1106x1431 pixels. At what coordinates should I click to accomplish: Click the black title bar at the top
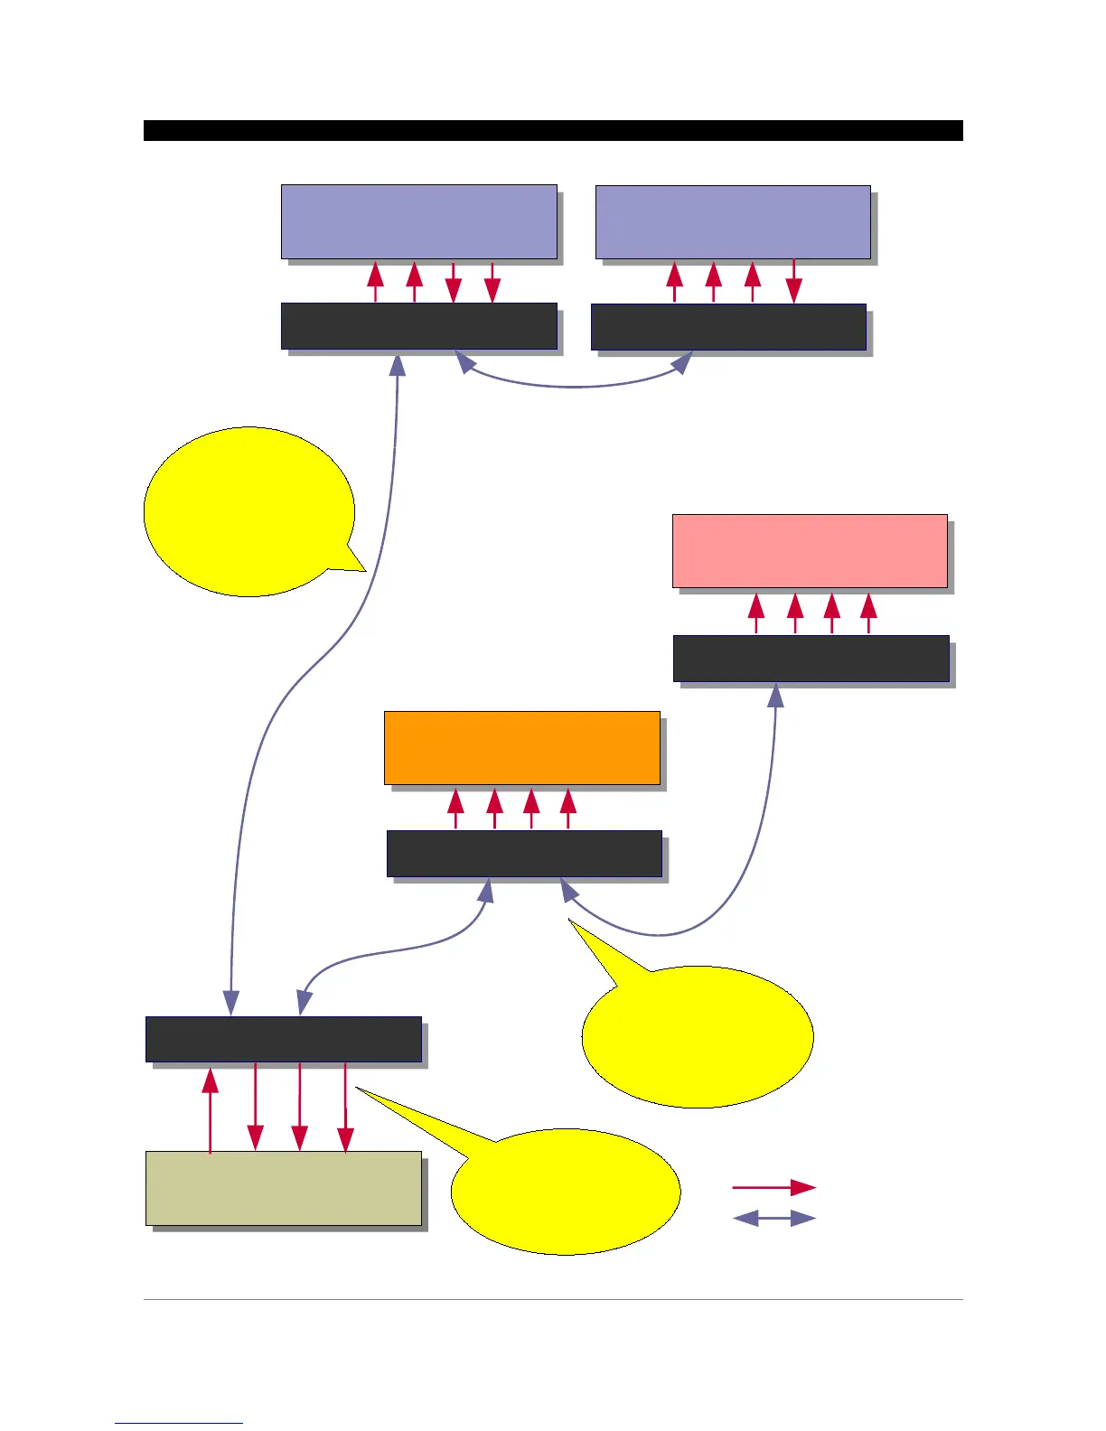pos(553,130)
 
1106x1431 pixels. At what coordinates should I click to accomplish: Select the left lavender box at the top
pos(418,222)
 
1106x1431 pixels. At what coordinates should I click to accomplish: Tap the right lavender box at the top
pos(733,222)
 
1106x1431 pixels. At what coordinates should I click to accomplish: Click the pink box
pos(810,551)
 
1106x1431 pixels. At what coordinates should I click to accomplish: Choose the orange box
pos(521,748)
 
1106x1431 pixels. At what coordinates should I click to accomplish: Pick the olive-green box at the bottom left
pos(283,1188)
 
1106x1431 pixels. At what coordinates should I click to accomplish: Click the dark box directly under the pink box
pos(811,659)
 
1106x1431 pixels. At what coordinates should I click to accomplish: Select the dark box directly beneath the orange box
pos(524,854)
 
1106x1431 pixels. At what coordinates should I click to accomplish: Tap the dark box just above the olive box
pos(283,1039)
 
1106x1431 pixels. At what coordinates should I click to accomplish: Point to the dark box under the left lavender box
pos(418,326)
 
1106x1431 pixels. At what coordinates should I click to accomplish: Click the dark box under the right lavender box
pos(728,327)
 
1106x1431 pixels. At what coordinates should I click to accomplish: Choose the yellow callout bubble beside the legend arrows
pos(564,1191)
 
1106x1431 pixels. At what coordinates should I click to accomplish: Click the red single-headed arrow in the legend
pos(773,1187)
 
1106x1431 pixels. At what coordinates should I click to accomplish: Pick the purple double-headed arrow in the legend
pos(773,1219)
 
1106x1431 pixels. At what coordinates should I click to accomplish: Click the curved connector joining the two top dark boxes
pos(575,386)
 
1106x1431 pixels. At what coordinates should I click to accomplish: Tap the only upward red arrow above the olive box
pos(211,1109)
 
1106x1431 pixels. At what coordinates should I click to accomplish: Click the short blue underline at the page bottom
pos(179,1423)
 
